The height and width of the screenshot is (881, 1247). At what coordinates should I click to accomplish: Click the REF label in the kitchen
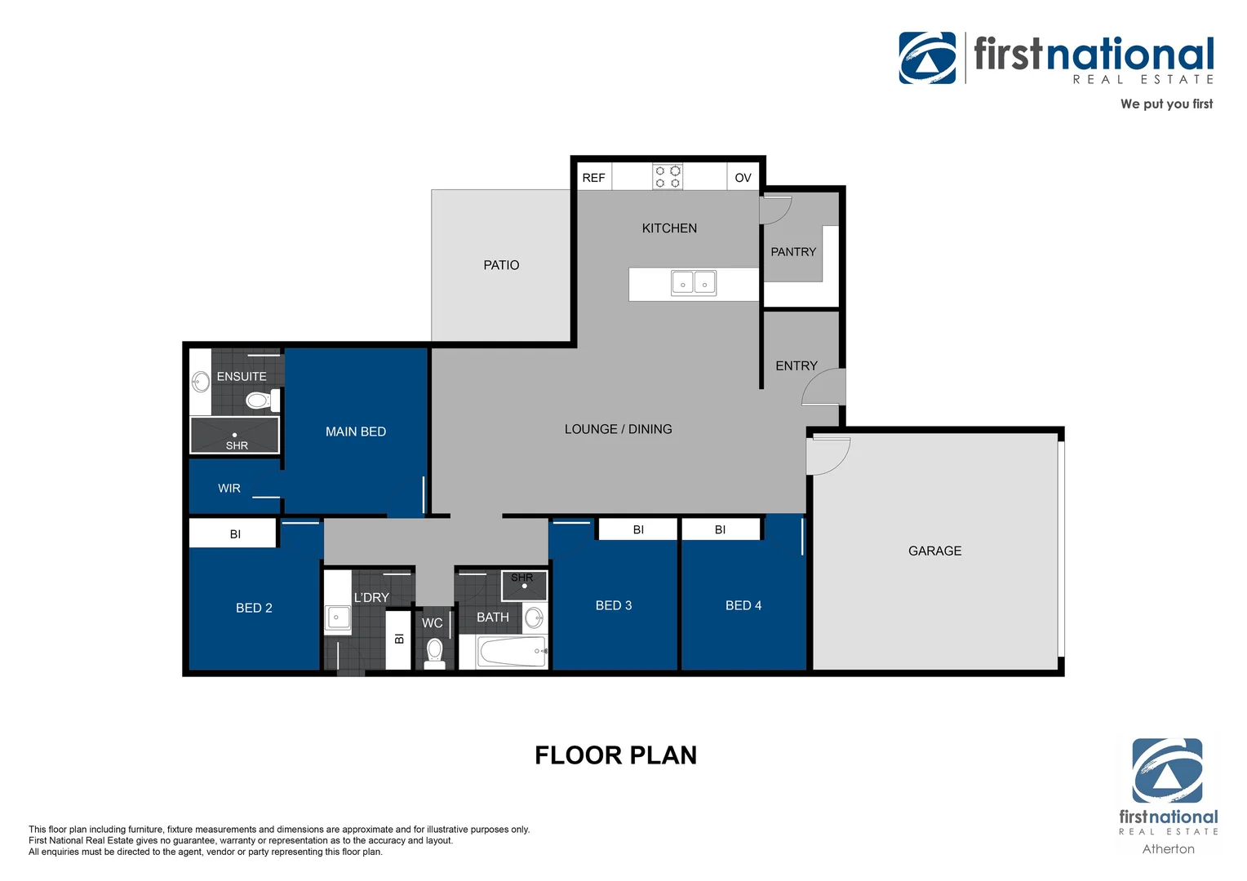click(x=593, y=178)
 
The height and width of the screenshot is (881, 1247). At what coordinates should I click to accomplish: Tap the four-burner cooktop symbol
click(x=668, y=177)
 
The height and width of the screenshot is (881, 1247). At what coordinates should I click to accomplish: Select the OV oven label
click(x=743, y=178)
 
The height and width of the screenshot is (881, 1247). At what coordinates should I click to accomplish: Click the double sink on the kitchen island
click(x=694, y=283)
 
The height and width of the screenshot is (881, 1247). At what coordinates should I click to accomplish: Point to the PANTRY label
click(x=793, y=252)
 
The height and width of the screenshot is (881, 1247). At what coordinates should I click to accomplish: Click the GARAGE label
click(x=934, y=551)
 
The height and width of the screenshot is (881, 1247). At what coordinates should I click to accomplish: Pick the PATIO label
click(x=501, y=265)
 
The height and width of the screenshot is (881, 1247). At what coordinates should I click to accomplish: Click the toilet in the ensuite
click(x=259, y=401)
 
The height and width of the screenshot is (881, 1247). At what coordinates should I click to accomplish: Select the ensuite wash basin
click(x=201, y=382)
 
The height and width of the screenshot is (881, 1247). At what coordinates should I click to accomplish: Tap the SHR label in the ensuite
click(x=237, y=446)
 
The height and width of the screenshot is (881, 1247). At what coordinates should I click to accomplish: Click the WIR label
click(x=229, y=489)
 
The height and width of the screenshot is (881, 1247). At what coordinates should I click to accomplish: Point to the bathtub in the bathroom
click(x=512, y=652)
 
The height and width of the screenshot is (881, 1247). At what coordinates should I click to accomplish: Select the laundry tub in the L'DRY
click(x=338, y=618)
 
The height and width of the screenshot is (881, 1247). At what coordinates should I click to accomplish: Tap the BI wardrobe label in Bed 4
click(x=720, y=530)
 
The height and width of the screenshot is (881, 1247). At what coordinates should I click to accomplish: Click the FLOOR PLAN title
click(x=615, y=755)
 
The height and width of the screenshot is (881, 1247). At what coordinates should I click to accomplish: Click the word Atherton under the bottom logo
click(x=1168, y=849)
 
